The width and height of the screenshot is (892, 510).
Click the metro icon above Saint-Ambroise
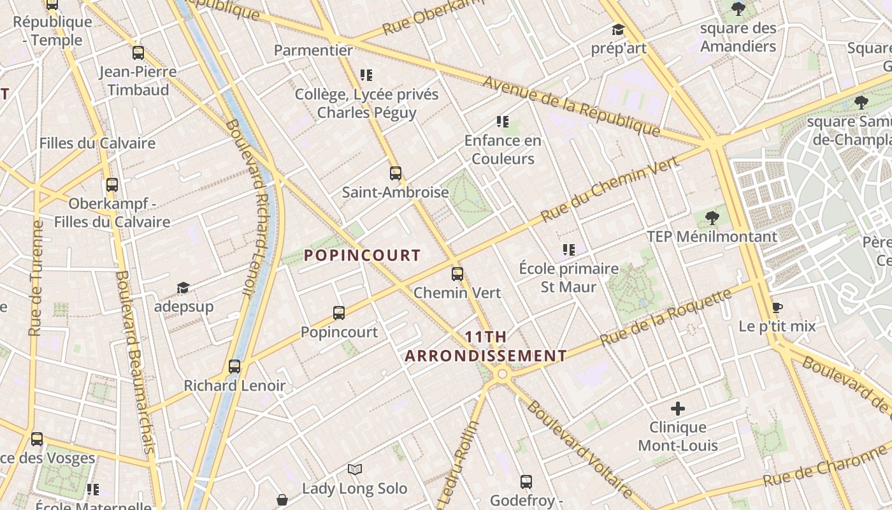396,173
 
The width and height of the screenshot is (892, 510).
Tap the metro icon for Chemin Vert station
457,274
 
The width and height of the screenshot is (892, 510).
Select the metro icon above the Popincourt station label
339,313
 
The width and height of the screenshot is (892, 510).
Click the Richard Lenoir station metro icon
234,367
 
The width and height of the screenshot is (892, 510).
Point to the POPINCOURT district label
362,256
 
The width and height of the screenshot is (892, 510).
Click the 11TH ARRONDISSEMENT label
486,346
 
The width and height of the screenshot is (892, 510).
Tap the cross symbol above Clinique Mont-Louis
678,408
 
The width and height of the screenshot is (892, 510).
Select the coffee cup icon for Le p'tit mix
777,307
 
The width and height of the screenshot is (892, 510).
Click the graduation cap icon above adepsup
183,288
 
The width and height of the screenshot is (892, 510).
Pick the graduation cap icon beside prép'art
618,29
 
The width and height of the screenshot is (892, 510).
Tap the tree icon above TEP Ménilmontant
712,218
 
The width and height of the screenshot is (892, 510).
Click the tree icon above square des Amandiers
738,9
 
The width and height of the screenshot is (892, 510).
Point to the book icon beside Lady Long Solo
355,470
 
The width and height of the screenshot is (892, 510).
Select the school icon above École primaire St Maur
568,249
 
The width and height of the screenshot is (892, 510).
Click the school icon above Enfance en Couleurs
502,121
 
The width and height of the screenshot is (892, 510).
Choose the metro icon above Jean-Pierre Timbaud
138,53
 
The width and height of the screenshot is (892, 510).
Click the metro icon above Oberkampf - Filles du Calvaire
112,185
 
